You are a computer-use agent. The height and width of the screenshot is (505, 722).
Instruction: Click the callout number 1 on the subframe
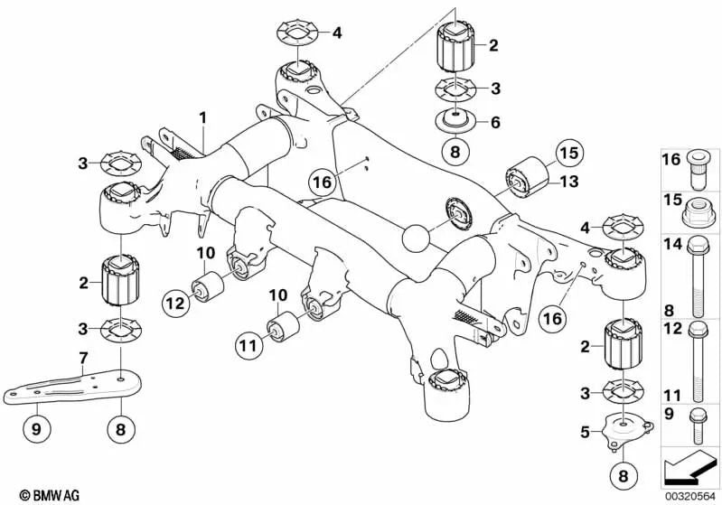point(203,117)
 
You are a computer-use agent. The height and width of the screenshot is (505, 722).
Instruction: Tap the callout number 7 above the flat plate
point(82,360)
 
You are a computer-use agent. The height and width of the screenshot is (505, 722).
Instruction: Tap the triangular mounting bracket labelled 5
point(621,431)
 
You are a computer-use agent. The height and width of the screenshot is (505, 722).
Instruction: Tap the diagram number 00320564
point(692,494)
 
